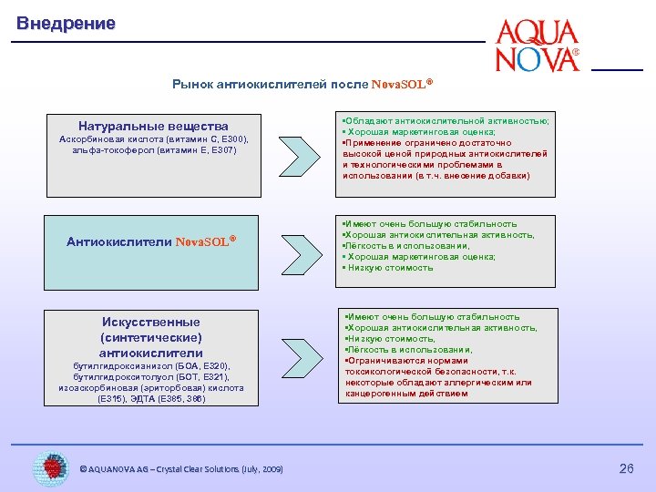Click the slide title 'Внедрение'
(x=66, y=24)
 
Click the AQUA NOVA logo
(x=538, y=46)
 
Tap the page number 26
(x=626, y=468)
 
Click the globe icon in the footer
(x=51, y=467)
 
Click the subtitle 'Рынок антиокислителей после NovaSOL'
(x=302, y=84)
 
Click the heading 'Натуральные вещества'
(x=153, y=126)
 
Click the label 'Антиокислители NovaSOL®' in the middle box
(x=151, y=241)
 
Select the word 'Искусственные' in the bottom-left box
(x=151, y=322)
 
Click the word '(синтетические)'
(x=151, y=337)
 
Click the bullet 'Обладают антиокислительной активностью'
(x=446, y=120)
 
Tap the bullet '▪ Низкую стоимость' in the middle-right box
(x=389, y=268)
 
